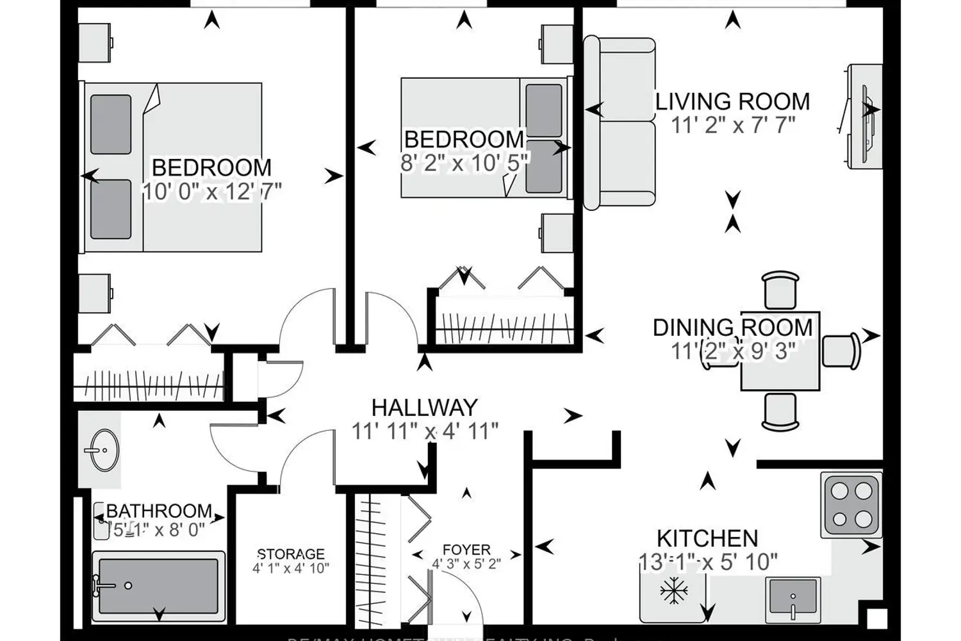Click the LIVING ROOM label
coord(732,102)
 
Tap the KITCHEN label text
coord(707,538)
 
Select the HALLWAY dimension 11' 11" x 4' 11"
coord(425,431)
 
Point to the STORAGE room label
coord(291,554)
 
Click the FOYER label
coord(466,550)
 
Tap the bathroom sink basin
coord(101,449)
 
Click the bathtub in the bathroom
coord(158,585)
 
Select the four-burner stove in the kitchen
coord(851,504)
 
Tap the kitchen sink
coord(793,597)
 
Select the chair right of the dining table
coord(840,351)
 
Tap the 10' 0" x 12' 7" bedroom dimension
coord(211,191)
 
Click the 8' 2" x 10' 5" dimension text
coord(464,162)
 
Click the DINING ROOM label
coord(732,328)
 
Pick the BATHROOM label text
coord(159,511)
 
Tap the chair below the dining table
coord(780,410)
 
